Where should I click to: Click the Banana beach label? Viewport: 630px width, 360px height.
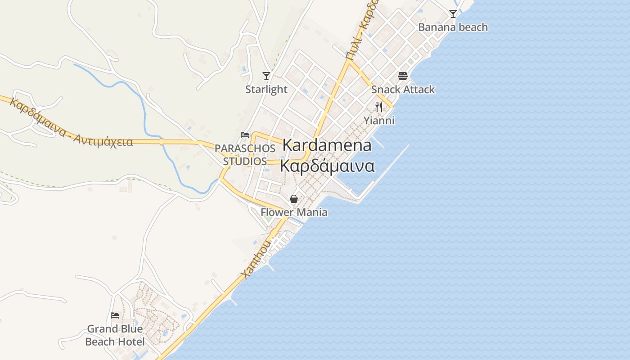click(453, 27)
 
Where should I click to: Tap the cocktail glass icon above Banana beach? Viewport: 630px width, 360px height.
click(453, 14)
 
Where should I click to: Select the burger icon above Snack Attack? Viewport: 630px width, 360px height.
click(403, 76)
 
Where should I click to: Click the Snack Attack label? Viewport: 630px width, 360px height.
click(403, 90)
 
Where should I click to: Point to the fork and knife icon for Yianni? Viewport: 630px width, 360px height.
click(379, 107)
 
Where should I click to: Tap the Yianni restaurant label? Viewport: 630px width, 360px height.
click(379, 121)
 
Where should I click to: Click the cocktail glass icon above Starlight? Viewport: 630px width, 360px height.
click(266, 76)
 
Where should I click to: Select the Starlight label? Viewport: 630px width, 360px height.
click(266, 90)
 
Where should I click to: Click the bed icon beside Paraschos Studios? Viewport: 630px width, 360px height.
click(245, 135)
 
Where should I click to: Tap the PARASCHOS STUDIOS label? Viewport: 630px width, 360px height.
click(245, 154)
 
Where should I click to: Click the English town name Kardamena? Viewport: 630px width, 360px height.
click(327, 145)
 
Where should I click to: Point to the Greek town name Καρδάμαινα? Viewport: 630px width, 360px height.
click(327, 166)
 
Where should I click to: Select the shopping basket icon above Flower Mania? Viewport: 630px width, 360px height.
click(294, 198)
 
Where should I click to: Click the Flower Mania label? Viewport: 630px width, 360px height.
click(294, 212)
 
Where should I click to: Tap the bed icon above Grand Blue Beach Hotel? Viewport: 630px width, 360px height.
click(115, 315)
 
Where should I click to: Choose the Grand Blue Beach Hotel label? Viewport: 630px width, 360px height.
click(115, 335)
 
